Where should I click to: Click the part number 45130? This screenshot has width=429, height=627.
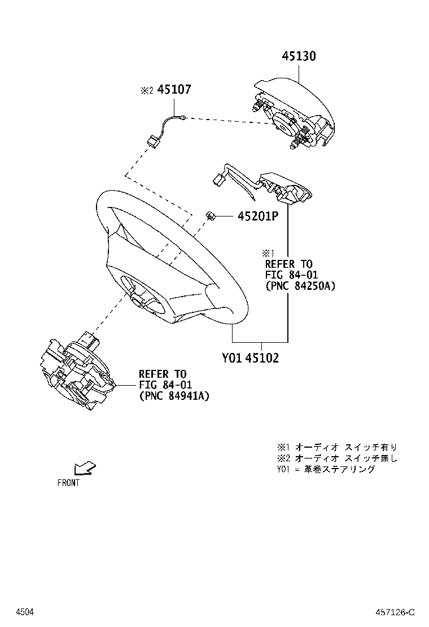pos(299,56)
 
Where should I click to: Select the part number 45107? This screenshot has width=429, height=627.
pos(174,90)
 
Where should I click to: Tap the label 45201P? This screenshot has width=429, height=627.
pos(258,217)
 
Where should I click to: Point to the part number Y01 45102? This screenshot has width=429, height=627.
pos(251,357)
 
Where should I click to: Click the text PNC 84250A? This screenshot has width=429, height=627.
pos(302,286)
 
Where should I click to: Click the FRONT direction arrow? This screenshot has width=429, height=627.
pos(85,469)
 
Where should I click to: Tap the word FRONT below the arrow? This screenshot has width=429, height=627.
pos(68,483)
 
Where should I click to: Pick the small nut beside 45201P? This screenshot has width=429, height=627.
pos(211,215)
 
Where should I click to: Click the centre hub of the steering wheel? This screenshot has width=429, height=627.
pos(139,297)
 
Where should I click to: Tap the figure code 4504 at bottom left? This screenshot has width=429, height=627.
pos(25,612)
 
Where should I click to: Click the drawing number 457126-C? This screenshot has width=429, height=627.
pos(395,612)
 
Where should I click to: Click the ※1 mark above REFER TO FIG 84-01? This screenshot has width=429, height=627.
pos(268,253)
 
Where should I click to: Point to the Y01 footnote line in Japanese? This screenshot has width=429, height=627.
pos(326,469)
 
